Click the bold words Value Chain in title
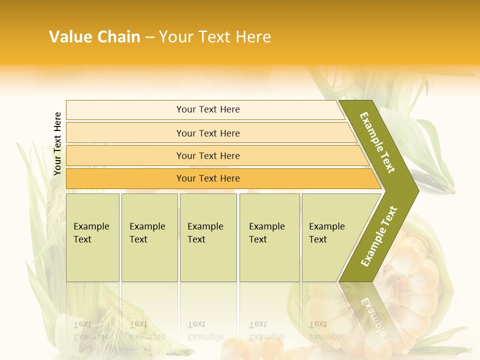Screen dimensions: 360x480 pyautogui.click(x=94, y=37)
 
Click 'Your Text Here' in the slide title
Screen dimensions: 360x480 pyautogui.click(x=215, y=37)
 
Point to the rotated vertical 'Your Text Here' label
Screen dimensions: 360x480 pyautogui.click(x=57, y=143)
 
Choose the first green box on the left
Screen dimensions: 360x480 pyautogui.click(x=92, y=237)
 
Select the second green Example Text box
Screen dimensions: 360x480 pyautogui.click(x=149, y=237)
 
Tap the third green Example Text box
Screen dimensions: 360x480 pyautogui.click(x=208, y=237)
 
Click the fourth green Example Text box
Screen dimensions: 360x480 pyautogui.click(x=269, y=237)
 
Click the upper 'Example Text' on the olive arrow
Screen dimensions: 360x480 pyautogui.click(x=377, y=142)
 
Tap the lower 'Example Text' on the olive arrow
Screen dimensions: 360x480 pyautogui.click(x=379, y=236)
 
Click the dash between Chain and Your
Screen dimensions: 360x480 pyautogui.click(x=149, y=37)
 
